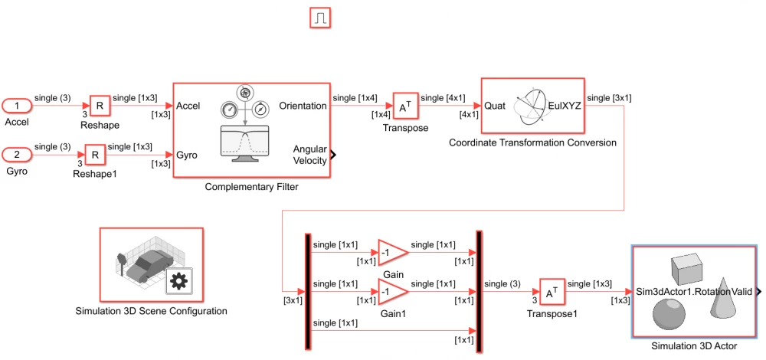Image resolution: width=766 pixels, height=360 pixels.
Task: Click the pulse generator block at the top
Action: (320, 17)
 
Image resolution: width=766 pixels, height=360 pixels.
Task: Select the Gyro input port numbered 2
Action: (18, 155)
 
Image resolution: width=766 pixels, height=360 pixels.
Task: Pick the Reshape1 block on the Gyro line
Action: (94, 155)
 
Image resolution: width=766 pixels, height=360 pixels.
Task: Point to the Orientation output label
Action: (303, 106)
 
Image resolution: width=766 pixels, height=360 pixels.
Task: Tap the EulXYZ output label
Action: (564, 106)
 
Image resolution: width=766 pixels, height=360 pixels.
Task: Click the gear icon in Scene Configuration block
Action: (178, 281)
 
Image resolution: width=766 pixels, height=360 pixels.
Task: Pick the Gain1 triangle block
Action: (391, 292)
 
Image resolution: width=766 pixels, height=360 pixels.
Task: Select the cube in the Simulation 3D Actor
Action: (687, 269)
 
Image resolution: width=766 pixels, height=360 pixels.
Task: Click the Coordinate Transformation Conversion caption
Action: (532, 142)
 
